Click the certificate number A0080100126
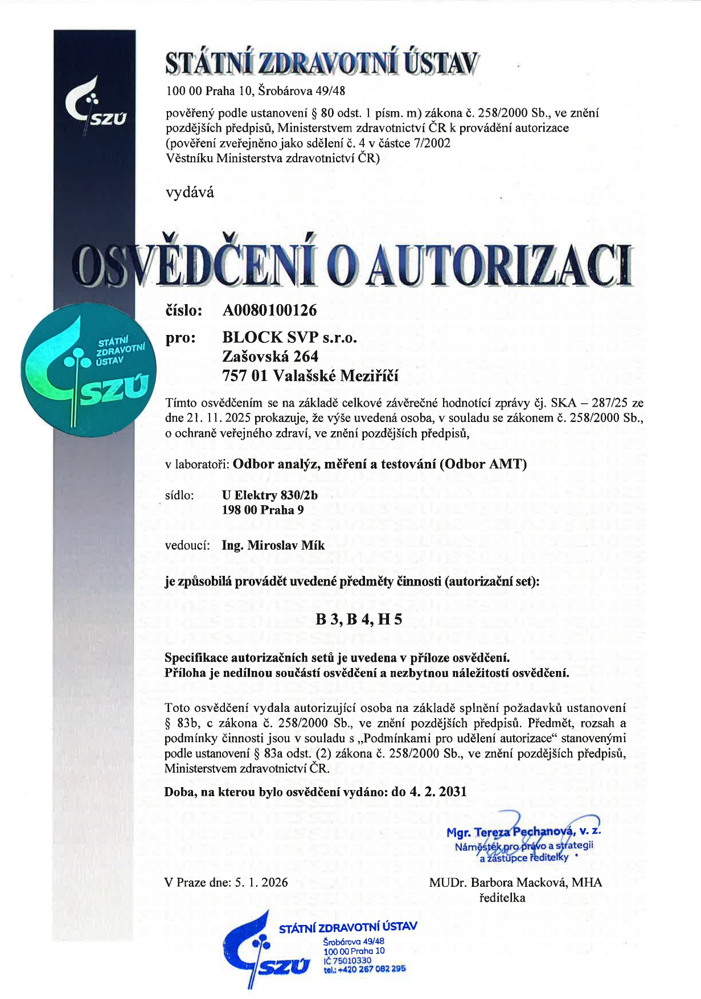(x=269, y=310)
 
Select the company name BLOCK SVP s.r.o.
(x=289, y=338)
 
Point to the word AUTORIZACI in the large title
(x=499, y=266)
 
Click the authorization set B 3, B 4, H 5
(x=359, y=619)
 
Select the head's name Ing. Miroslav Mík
(x=273, y=546)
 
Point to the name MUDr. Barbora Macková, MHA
(x=515, y=882)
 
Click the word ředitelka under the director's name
(x=502, y=898)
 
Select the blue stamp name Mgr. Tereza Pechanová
(x=517, y=832)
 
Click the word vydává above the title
(x=190, y=193)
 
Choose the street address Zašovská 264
(x=270, y=357)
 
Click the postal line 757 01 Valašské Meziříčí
(x=310, y=376)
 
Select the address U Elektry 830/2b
(x=270, y=495)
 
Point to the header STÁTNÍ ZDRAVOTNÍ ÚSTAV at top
(x=322, y=63)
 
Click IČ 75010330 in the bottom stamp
(x=347, y=960)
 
